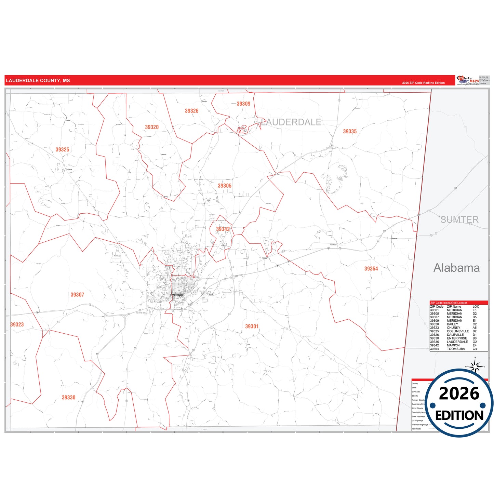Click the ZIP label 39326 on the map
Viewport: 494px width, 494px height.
point(191,111)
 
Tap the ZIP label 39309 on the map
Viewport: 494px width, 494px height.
point(243,104)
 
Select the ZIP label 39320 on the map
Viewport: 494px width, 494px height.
point(152,127)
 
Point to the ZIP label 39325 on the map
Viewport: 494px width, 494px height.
point(62,149)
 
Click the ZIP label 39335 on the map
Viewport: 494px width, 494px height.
point(350,131)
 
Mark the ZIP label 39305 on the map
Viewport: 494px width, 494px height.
point(225,186)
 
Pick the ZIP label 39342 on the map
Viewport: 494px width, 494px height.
point(223,229)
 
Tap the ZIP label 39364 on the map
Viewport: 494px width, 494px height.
point(371,269)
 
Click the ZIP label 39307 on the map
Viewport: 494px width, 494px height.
point(77,295)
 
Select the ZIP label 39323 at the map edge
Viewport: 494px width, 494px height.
point(17,324)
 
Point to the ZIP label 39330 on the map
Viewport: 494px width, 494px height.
point(68,398)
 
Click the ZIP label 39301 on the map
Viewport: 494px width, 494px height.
point(252,326)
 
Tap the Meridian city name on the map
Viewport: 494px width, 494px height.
point(177,295)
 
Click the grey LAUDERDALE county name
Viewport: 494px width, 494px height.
point(291,122)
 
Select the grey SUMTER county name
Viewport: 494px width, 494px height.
point(459,219)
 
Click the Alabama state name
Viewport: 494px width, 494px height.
point(456,268)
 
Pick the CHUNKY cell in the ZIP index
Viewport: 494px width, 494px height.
point(454,328)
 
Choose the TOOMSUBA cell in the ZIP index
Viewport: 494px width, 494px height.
point(456,349)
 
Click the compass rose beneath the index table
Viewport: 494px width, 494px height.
point(475,366)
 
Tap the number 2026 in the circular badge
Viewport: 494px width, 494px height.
point(459,393)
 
